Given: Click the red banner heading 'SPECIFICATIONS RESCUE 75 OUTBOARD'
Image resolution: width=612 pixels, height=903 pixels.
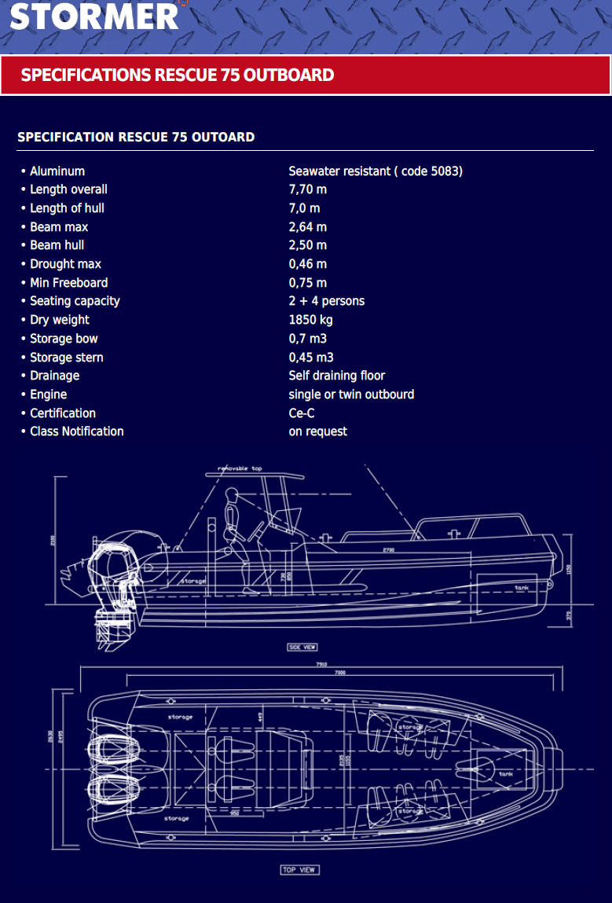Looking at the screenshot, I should pyautogui.click(x=178, y=75).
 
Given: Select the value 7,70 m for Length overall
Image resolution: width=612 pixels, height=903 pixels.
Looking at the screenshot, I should pyautogui.click(x=308, y=189).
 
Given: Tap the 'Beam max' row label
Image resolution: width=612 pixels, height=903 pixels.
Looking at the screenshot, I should pyautogui.click(x=59, y=227).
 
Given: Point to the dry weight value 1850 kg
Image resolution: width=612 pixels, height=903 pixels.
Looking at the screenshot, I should pyautogui.click(x=310, y=320).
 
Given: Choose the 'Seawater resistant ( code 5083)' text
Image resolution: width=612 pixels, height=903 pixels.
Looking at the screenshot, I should pyautogui.click(x=376, y=171).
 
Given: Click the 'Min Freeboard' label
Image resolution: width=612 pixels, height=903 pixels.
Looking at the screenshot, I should pyautogui.click(x=69, y=283).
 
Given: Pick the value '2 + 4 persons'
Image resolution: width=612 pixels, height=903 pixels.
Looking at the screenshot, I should pyautogui.click(x=327, y=301).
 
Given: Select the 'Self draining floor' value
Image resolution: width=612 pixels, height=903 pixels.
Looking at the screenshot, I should pyautogui.click(x=337, y=376).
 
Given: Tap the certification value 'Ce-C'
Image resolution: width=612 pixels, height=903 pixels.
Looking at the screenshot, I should pyautogui.click(x=302, y=413).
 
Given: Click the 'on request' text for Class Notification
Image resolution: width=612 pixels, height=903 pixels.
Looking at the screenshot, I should pyautogui.click(x=318, y=431).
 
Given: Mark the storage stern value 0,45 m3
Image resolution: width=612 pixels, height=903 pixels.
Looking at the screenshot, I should pyautogui.click(x=311, y=358).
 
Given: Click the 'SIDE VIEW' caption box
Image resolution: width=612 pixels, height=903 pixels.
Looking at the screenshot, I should pyautogui.click(x=302, y=647).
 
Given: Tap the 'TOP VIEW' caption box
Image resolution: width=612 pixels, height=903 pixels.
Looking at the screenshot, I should pyautogui.click(x=299, y=870).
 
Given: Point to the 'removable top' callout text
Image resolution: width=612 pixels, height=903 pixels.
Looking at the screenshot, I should pyautogui.click(x=240, y=468).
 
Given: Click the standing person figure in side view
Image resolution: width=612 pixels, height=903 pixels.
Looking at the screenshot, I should pyautogui.click(x=233, y=534).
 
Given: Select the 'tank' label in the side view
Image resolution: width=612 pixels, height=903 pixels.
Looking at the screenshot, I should pyautogui.click(x=522, y=588).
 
